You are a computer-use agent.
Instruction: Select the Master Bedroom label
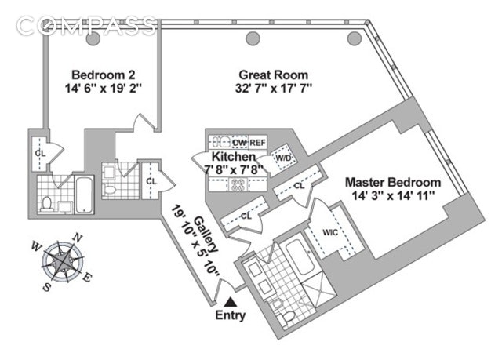[393, 182]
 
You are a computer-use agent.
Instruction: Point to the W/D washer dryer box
[283, 158]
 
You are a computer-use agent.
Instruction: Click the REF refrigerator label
[259, 143]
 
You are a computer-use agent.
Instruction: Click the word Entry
[230, 317]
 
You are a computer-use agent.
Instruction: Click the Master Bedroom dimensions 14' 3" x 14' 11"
[393, 196]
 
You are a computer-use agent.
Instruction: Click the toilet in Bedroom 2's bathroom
[46, 204]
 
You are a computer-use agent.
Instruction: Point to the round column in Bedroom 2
[93, 38]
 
